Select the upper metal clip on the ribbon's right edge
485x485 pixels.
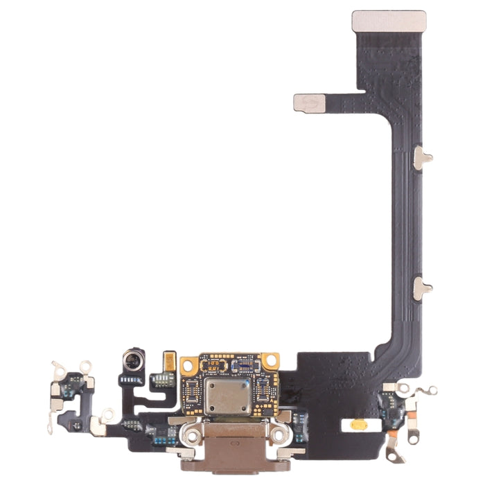pos(422,158)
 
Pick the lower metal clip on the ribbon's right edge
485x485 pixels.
pos(422,288)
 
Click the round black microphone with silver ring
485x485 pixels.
pos(132,359)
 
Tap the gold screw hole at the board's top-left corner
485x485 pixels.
pos(189,364)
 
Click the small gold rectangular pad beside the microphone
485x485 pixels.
pos(168,361)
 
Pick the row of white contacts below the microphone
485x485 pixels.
pos(131,380)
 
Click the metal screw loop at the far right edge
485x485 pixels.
pos(432,391)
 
